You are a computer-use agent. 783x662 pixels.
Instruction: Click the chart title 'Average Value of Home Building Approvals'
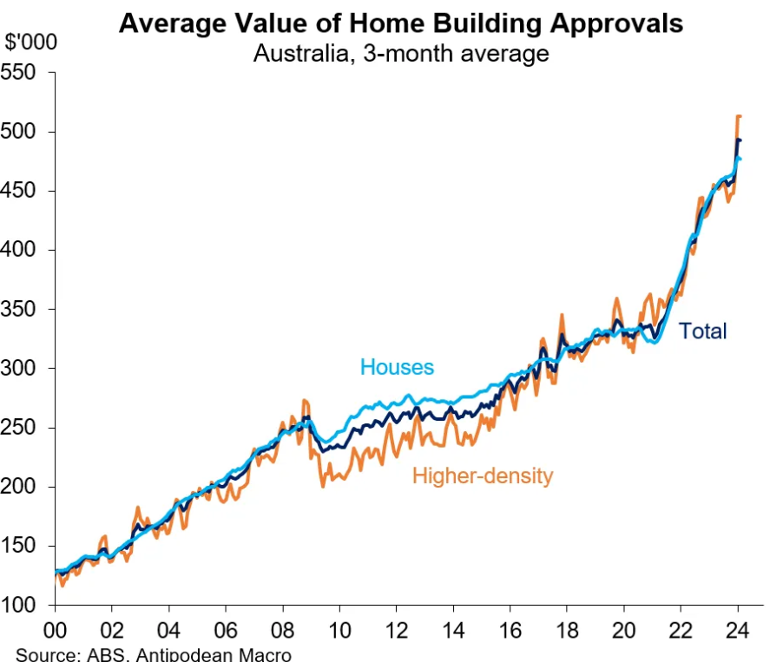click(400, 23)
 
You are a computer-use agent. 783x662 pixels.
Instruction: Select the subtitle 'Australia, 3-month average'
click(400, 53)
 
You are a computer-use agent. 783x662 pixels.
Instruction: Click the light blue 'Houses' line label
click(397, 367)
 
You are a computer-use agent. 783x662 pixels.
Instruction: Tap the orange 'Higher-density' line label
click(482, 475)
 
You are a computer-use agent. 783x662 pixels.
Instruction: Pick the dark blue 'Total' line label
click(702, 331)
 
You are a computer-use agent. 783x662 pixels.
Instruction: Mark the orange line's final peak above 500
click(739, 115)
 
